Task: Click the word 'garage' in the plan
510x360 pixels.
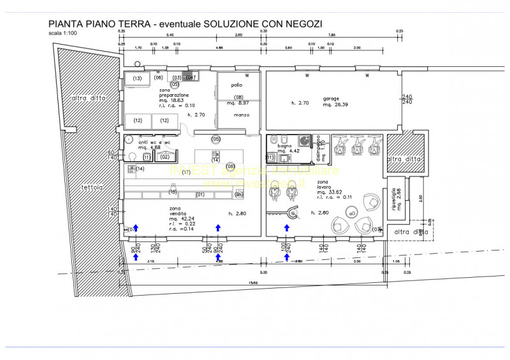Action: [x=331, y=99]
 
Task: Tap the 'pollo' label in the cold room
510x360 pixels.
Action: [x=237, y=85]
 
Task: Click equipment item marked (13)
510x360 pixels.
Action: [x=136, y=78]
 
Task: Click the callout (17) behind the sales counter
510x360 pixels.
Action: [x=186, y=173]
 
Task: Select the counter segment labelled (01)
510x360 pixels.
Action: [x=200, y=194]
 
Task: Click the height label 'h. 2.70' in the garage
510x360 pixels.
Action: [x=300, y=103]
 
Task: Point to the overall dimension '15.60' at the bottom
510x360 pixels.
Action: [x=253, y=283]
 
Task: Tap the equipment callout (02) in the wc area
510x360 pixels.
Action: [x=164, y=156]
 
